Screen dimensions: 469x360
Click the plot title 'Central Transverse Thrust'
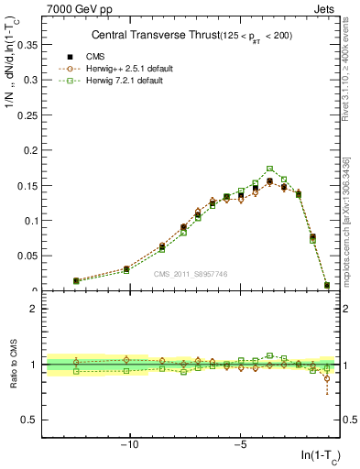pos(147,35)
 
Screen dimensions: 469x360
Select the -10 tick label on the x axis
pos(129,446)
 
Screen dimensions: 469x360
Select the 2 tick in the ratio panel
pos(37,309)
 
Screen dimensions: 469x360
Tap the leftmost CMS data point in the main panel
pos(76,281)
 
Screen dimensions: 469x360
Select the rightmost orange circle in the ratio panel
pos(327,378)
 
